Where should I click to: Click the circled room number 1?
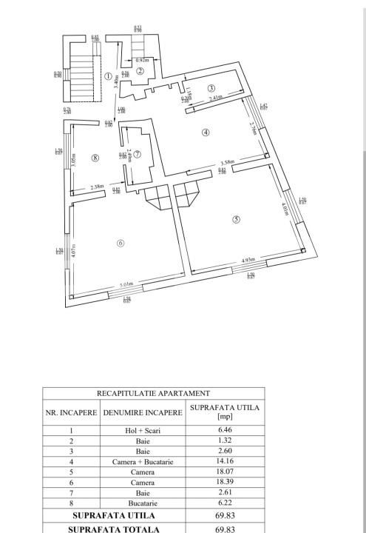[x=108, y=76]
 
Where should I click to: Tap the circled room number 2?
[x=140, y=71]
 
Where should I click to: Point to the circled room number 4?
[x=206, y=133]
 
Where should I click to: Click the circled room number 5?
[x=236, y=219]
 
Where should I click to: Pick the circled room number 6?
[x=120, y=242]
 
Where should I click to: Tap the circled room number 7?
[x=137, y=154]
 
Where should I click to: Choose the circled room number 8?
[x=95, y=157]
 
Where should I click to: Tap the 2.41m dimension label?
[x=214, y=98]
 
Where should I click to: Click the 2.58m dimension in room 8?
[x=97, y=187]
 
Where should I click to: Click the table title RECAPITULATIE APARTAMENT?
[x=153, y=394]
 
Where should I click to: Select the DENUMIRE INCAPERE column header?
[x=143, y=412]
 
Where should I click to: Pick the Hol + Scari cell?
[x=143, y=430]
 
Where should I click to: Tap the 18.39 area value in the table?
[x=225, y=482]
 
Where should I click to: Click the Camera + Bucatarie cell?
[x=143, y=461]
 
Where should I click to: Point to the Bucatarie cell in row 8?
[x=143, y=503]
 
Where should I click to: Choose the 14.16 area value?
[x=225, y=461]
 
